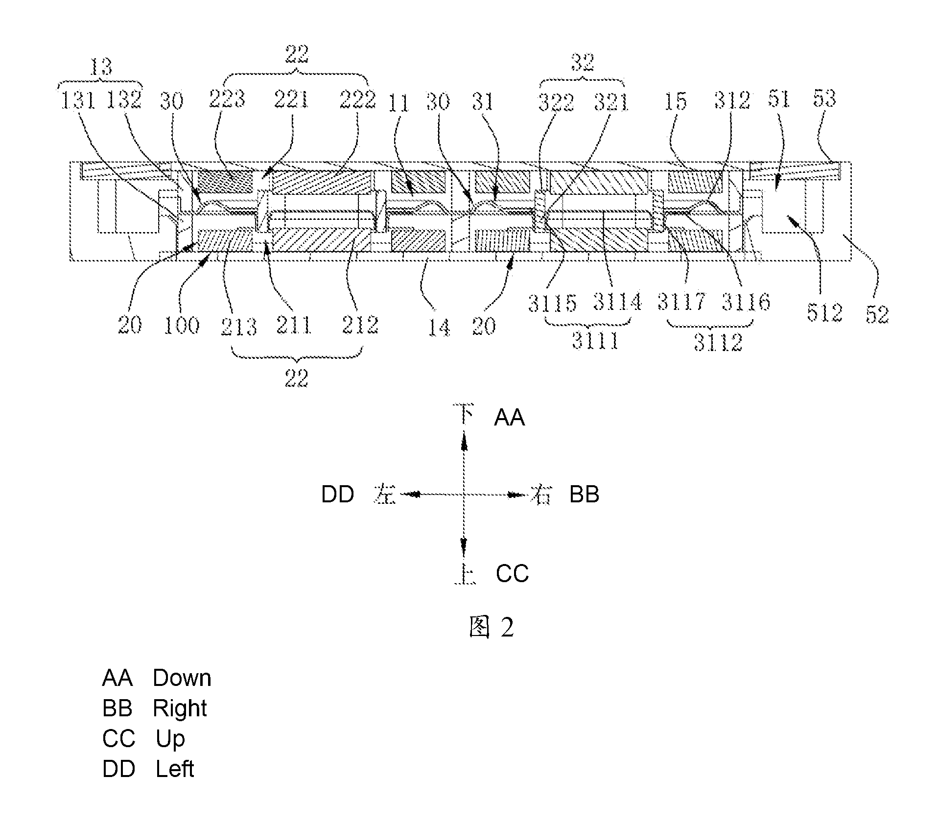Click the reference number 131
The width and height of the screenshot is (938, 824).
[x=78, y=100]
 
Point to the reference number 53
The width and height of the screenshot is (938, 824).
[x=825, y=99]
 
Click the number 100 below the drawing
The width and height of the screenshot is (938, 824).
[x=182, y=325]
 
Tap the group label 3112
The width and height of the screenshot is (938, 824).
[x=718, y=342]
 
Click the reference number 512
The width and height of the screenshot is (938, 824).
[x=825, y=313]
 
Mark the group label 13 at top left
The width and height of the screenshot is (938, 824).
[x=101, y=67]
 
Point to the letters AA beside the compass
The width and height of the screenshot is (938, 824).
[x=509, y=418]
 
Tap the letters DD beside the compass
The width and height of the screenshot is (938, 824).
[x=338, y=494]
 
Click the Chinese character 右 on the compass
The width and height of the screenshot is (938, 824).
[x=541, y=494]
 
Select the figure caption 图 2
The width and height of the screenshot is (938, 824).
[x=491, y=627]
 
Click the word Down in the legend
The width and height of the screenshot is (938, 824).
[x=182, y=678]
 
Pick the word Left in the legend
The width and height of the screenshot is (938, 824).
[x=175, y=769]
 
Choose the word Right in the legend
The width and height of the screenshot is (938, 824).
[x=180, y=709]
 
